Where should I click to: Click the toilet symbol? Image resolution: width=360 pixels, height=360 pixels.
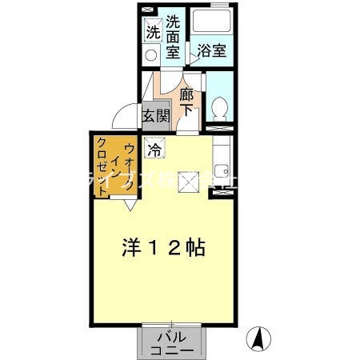[x=218, y=106]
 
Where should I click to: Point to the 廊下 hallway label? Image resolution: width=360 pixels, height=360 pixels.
[x=187, y=102]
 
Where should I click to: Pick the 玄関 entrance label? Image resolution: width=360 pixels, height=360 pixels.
[x=156, y=115]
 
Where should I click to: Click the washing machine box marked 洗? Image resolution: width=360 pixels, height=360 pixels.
[x=152, y=33]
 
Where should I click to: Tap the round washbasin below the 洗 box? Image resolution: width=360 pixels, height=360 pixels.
[x=150, y=55]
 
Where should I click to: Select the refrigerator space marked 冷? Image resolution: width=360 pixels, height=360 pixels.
[x=154, y=148]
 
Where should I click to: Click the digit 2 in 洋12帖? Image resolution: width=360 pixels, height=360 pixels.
[x=174, y=246]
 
